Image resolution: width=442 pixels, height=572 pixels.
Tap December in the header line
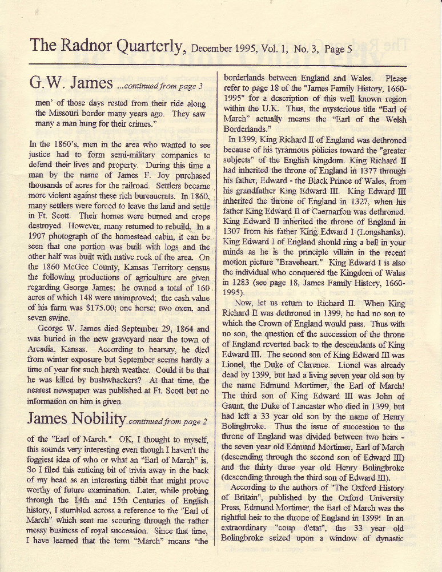pos(213,49)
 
